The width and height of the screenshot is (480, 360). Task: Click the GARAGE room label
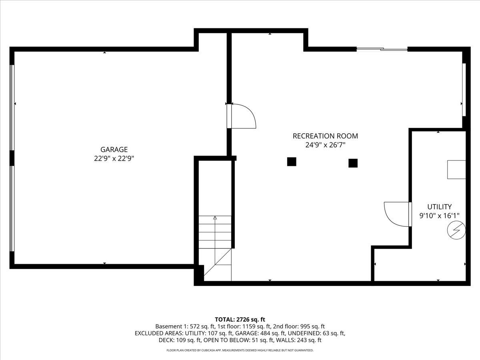click(x=114, y=150)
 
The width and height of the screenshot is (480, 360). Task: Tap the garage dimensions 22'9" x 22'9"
click(x=114, y=158)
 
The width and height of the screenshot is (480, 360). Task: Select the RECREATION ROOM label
click(x=325, y=136)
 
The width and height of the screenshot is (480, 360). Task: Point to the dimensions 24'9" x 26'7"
click(x=325, y=145)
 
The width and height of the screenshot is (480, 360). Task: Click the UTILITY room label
click(x=439, y=207)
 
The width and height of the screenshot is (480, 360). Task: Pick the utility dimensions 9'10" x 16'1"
click(x=439, y=216)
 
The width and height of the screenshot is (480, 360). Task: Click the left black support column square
click(x=292, y=162)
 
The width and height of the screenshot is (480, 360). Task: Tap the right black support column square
click(x=353, y=163)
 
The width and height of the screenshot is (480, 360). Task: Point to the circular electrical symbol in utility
click(x=456, y=230)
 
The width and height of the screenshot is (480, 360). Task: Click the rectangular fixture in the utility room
click(x=456, y=170)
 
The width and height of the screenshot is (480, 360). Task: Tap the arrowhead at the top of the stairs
click(x=215, y=218)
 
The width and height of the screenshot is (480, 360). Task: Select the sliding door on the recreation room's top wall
click(x=382, y=49)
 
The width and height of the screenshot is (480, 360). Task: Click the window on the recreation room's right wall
click(x=464, y=90)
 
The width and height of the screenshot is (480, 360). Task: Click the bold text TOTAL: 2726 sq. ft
click(x=240, y=320)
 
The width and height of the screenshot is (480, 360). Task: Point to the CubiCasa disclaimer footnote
click(x=240, y=350)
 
